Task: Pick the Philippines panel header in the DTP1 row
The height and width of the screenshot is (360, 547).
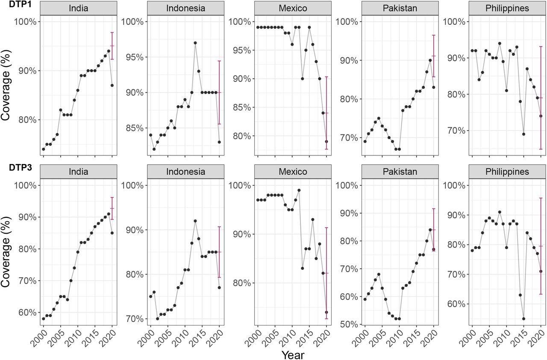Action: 506,8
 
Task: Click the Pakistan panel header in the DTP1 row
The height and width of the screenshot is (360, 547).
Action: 400,8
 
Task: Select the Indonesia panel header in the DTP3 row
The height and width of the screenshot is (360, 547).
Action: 185,172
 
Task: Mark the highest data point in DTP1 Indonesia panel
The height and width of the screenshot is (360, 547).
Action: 195,43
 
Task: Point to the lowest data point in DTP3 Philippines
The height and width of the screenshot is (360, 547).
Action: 523,318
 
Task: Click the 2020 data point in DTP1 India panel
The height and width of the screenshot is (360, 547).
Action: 112,85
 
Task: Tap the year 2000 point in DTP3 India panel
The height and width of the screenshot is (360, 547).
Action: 43,319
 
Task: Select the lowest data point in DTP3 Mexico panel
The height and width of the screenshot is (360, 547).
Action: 326,312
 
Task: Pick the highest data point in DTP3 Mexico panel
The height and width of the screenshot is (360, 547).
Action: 299,190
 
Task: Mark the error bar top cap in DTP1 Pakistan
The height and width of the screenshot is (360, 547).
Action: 433,35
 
